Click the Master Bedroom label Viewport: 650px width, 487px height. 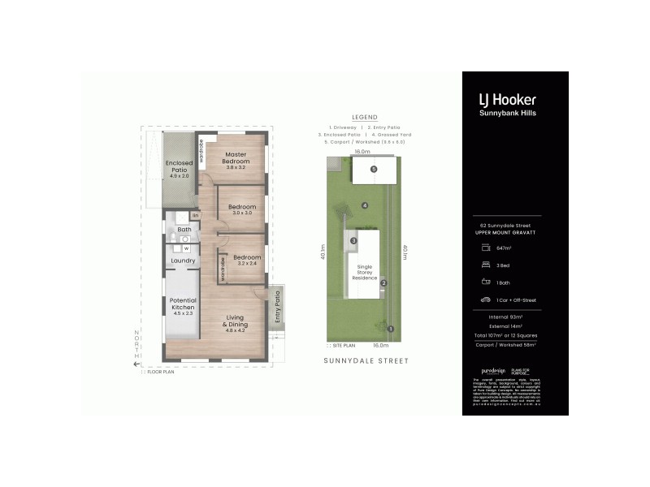tap(235, 158)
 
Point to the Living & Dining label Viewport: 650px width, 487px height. tap(236, 321)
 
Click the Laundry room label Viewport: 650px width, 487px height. tap(182, 261)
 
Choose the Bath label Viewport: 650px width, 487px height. tap(184, 230)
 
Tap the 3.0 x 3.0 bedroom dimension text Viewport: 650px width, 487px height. tap(242, 214)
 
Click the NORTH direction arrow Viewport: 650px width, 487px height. tap(137, 364)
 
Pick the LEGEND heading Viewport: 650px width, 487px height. tap(364, 117)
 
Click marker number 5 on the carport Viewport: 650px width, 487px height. tap(374, 170)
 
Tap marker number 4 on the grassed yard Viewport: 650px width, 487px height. tap(366, 205)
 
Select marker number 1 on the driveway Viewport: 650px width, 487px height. tap(391, 329)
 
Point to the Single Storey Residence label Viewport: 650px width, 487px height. tap(365, 272)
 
